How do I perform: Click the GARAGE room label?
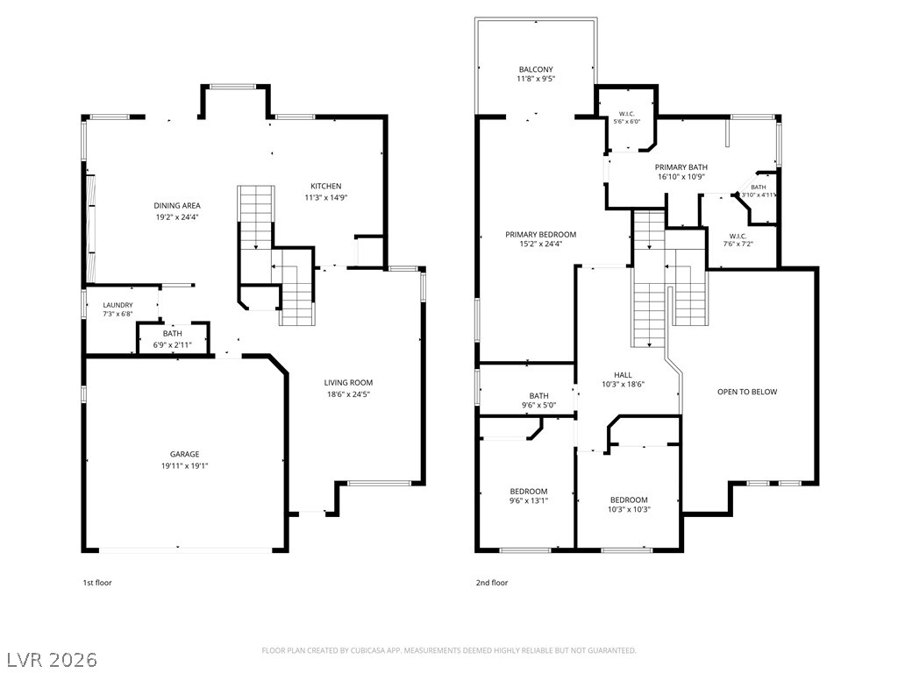[184, 455]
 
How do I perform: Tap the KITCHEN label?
[326, 186]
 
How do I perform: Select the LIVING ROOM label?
[348, 383]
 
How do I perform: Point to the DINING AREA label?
[177, 205]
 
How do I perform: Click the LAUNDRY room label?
[118, 306]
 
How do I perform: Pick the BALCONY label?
[536, 69]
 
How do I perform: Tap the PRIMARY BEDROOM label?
[540, 234]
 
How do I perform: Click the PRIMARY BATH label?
[681, 167]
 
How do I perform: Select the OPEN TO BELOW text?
[747, 392]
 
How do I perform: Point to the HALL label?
[624, 375]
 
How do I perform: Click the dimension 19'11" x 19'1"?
[184, 466]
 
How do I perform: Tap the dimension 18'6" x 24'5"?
[348, 394]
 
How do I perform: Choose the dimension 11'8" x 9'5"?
[536, 79]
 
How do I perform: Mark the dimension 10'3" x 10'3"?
[629, 509]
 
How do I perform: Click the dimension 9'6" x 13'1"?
[529, 500]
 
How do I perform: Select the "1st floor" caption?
[97, 583]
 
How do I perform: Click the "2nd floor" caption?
[492, 583]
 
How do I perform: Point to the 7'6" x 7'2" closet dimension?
[738, 244]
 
